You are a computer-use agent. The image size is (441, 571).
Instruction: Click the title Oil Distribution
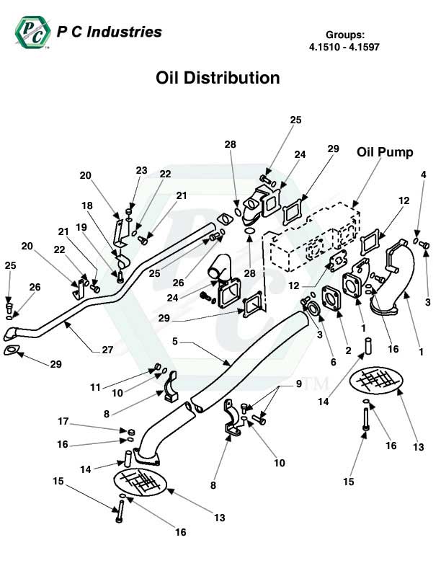[x=218, y=77]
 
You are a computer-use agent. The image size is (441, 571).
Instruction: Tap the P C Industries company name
[x=109, y=32]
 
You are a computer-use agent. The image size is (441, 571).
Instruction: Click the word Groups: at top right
[x=344, y=34]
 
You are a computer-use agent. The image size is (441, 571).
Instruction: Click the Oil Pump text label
[x=385, y=152]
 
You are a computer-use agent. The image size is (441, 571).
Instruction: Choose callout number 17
[x=64, y=421]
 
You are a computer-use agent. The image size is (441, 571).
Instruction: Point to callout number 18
[x=87, y=205]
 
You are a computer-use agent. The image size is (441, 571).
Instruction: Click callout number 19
[x=81, y=226]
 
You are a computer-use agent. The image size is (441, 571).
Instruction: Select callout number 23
[x=141, y=171]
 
